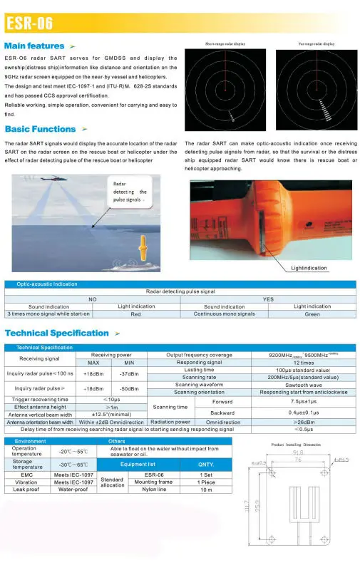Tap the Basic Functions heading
pyautogui.click(x=40, y=129)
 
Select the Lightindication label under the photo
pyautogui.click(x=309, y=268)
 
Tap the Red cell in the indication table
pyautogui.click(x=135, y=313)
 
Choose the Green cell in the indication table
pyautogui.click(x=312, y=313)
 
